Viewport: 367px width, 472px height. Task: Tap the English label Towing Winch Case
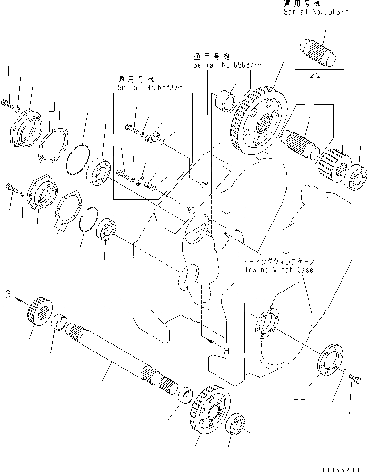click(x=278, y=270)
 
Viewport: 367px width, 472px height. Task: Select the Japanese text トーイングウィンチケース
click(x=278, y=261)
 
